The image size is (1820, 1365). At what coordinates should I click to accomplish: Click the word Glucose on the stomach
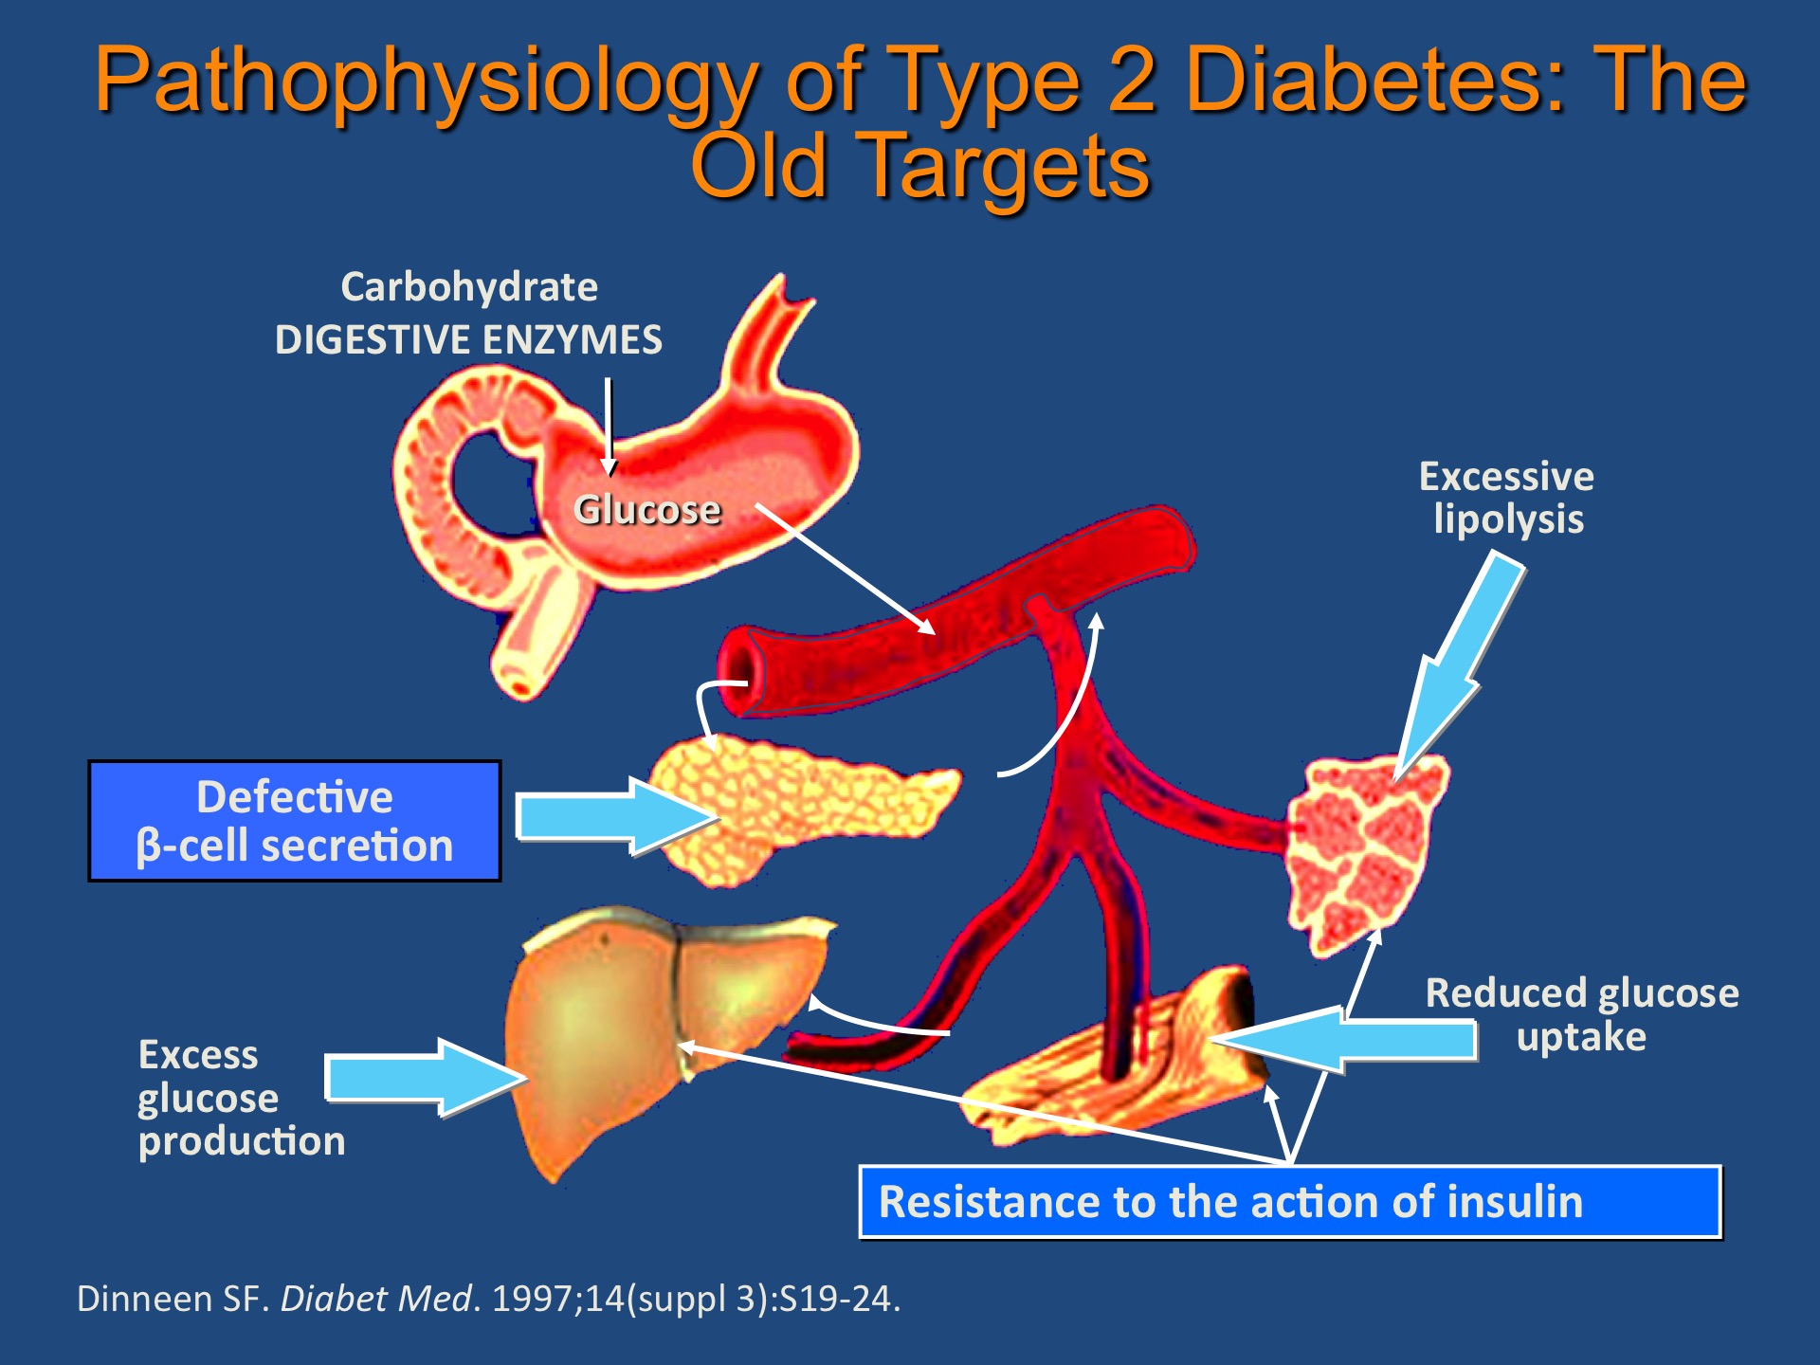click(x=647, y=510)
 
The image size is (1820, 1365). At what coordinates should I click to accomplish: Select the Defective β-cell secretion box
click(x=294, y=821)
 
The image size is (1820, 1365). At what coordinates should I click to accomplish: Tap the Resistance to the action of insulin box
click(x=1289, y=1202)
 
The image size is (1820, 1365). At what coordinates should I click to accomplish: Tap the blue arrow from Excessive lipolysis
click(x=1460, y=664)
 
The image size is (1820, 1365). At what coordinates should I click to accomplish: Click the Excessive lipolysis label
click(x=1507, y=498)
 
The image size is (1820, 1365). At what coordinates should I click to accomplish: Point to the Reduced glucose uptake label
click(x=1581, y=1014)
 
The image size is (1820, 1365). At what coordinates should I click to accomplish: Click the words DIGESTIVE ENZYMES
click(x=468, y=339)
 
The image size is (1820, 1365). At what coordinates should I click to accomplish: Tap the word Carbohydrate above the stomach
click(x=469, y=287)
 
